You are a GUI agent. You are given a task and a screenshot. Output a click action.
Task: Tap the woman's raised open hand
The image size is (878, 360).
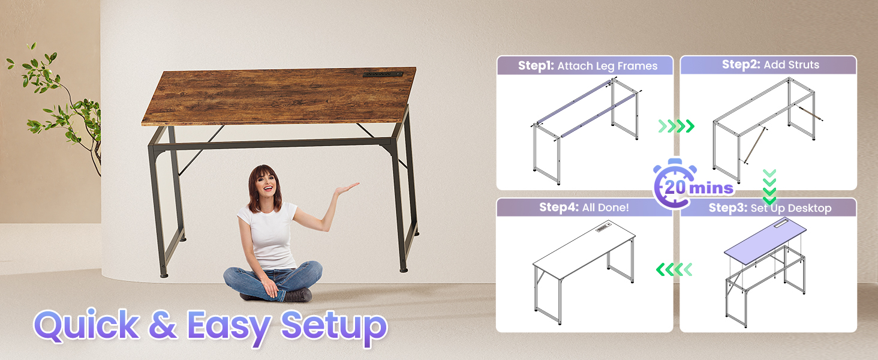[x=346, y=188]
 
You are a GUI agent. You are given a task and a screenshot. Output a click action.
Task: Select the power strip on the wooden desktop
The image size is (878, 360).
[x=383, y=75]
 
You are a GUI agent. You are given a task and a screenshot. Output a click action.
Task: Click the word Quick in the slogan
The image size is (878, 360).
[x=86, y=325]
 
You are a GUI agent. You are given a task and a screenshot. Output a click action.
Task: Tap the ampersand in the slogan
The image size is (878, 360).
[x=163, y=325]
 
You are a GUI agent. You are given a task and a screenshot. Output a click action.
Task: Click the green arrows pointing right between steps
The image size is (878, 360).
[x=676, y=126]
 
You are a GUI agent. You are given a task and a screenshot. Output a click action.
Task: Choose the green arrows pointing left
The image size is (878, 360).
[x=675, y=270]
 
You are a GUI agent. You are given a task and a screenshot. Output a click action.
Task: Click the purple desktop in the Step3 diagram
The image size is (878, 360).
[x=765, y=238]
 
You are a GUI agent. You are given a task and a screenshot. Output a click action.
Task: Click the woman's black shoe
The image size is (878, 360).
[x=297, y=295]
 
